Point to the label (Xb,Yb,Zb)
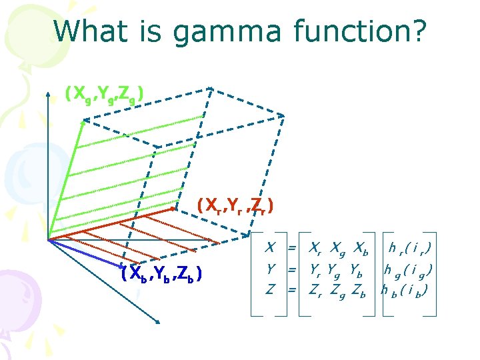tap(162, 274)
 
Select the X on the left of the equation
tap(270, 248)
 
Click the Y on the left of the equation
tap(270, 269)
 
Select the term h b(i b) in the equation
tap(405, 290)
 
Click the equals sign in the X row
tap(291, 248)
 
